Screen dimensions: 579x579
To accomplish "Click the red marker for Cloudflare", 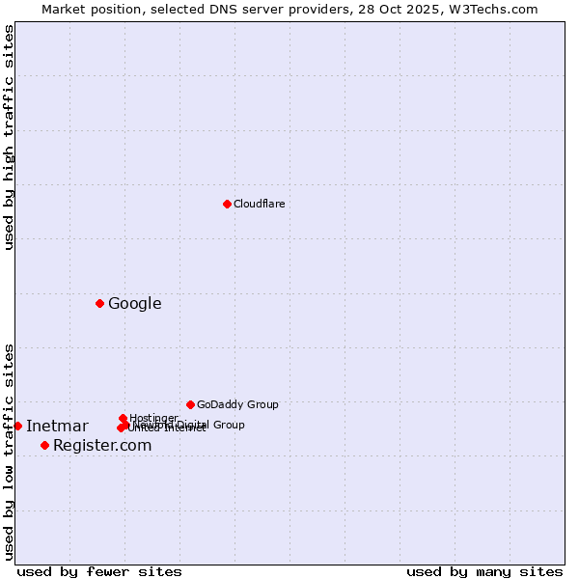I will pyautogui.click(x=227, y=204).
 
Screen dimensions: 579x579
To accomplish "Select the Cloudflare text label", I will pyautogui.click(x=259, y=204).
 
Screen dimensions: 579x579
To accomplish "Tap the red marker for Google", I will pyautogui.click(x=99, y=303).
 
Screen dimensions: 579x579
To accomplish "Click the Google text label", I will pyautogui.click(x=134, y=304).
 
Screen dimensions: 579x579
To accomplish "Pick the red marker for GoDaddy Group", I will pyautogui.click(x=190, y=404).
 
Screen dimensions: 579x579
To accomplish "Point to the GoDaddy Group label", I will pyautogui.click(x=237, y=404).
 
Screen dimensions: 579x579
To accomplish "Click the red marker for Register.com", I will pyautogui.click(x=44, y=445).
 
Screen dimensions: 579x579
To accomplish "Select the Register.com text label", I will pyautogui.click(x=102, y=446).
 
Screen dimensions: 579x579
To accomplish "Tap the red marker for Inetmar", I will pyautogui.click(x=17, y=426).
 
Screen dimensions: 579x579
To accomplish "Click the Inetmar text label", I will pyautogui.click(x=57, y=427).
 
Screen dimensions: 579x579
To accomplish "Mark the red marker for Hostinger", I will pyautogui.click(x=123, y=418).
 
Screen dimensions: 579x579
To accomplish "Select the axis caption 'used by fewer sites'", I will pyautogui.click(x=99, y=571).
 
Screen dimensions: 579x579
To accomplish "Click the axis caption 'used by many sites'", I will pyautogui.click(x=484, y=571).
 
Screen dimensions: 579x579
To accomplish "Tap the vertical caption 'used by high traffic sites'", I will pyautogui.click(x=9, y=138).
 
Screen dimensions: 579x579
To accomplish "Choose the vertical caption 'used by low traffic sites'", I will pyautogui.click(x=9, y=452).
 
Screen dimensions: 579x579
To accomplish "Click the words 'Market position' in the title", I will pyautogui.click(x=88, y=9).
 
